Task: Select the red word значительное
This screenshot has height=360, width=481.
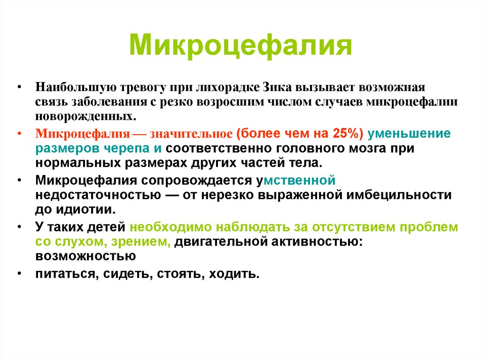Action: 191,134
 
